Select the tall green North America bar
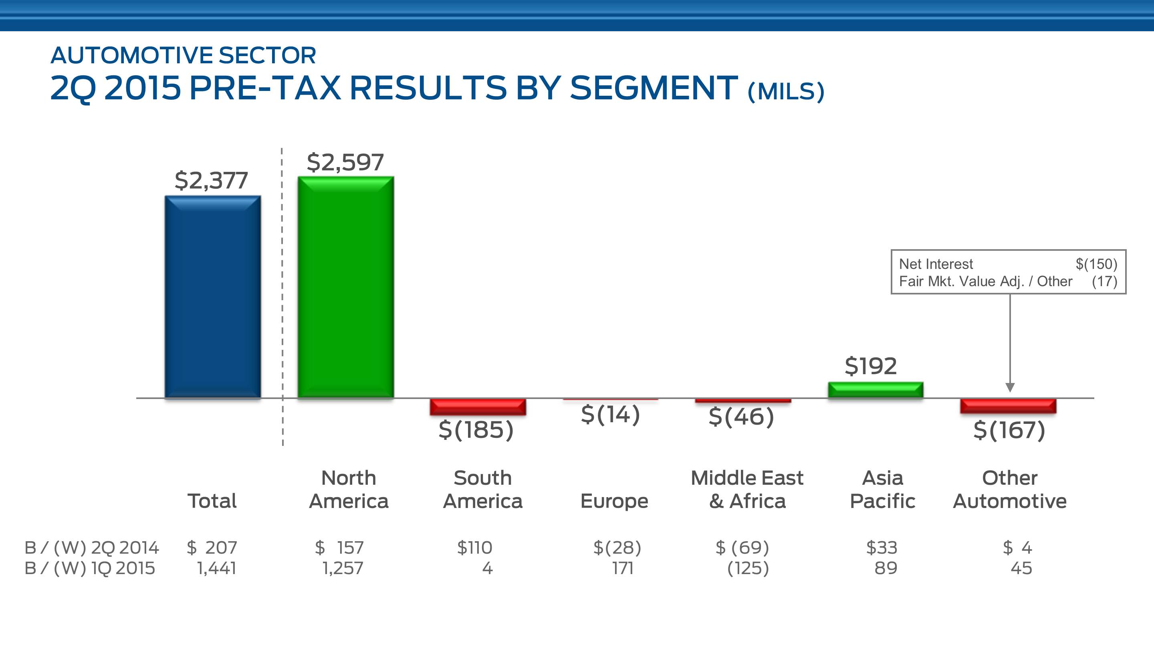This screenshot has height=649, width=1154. click(345, 287)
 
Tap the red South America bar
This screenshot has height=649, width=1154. click(478, 407)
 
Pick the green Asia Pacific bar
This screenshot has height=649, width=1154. click(876, 390)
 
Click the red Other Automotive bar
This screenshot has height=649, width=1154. click(1008, 406)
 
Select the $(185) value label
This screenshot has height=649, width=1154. click(476, 429)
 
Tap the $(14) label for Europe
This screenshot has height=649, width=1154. click(610, 414)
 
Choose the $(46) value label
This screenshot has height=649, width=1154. click(741, 417)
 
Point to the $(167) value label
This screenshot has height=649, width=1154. click(1009, 430)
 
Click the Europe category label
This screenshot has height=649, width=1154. click(614, 501)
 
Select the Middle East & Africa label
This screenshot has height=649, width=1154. click(747, 490)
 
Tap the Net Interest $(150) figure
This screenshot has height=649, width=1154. click(1096, 264)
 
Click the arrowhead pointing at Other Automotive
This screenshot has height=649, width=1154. click(1010, 387)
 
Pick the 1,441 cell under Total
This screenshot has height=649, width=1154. click(216, 568)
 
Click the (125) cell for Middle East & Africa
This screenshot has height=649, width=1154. click(748, 568)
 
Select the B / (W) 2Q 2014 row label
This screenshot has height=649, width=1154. click(92, 547)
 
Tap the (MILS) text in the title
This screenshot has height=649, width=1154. click(786, 91)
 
